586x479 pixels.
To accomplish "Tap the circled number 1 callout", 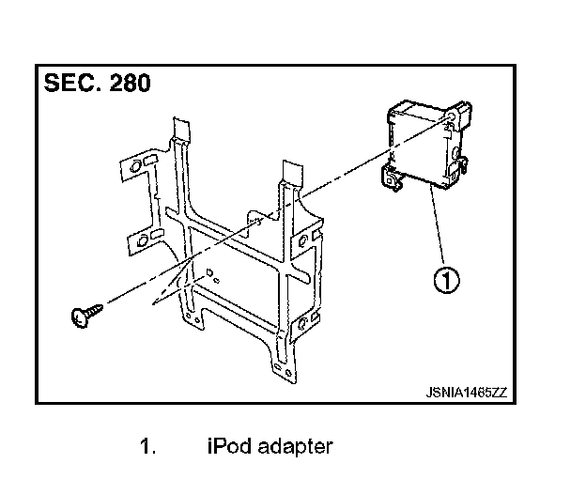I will click(x=445, y=279).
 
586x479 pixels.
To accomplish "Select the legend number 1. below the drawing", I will click(x=147, y=446).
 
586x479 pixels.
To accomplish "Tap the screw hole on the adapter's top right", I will click(x=453, y=117).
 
